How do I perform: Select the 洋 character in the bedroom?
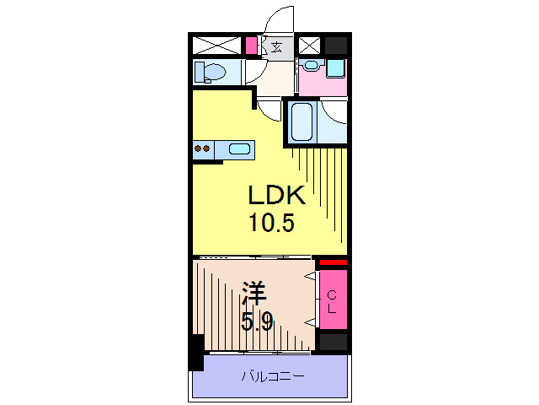click(x=254, y=295)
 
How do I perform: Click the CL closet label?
click(x=333, y=301)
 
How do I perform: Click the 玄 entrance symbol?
click(x=277, y=46)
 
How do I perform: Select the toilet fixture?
click(x=210, y=73)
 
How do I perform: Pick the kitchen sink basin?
click(x=239, y=150)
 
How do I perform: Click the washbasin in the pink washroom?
click(x=312, y=67)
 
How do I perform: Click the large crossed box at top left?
click(x=217, y=46)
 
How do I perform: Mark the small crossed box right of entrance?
click(x=309, y=46)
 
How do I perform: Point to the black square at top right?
click(x=336, y=46)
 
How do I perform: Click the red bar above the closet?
click(x=333, y=262)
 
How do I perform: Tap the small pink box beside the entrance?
click(x=251, y=46)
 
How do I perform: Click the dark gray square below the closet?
click(x=333, y=343)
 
